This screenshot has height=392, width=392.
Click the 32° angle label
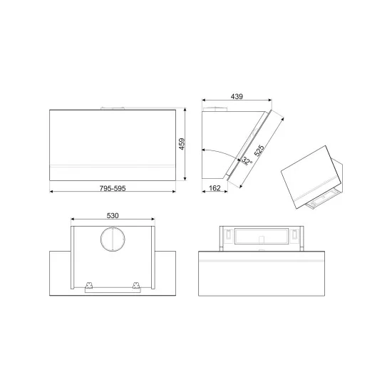pos(247,162)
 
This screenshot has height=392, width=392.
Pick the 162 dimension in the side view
pos(214,188)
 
